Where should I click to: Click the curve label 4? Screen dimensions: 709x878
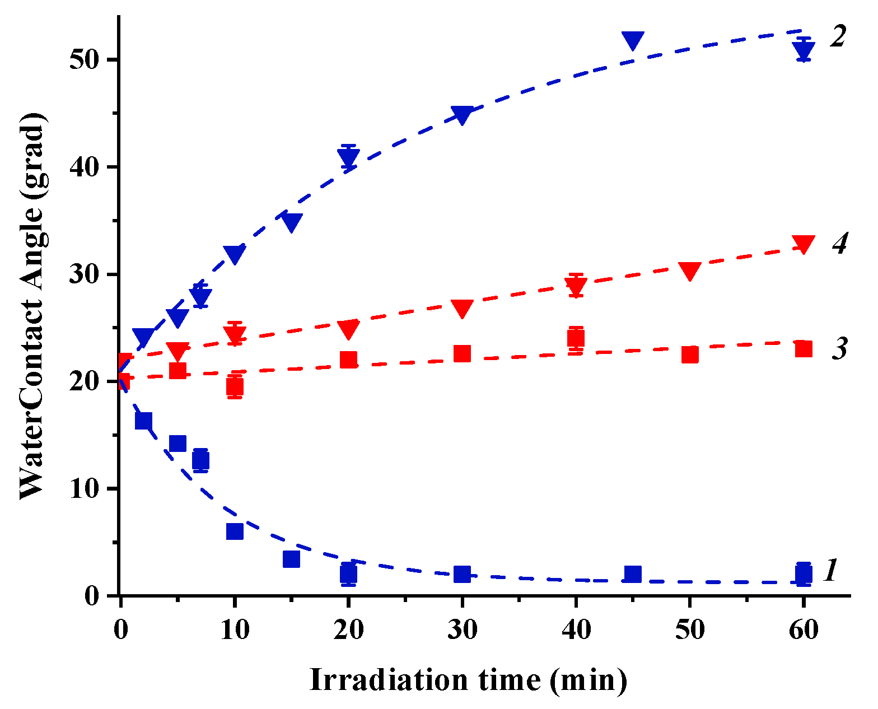pyautogui.click(x=839, y=244)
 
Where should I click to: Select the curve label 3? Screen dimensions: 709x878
pyautogui.click(x=839, y=348)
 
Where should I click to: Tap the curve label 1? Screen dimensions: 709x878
pyautogui.click(x=831, y=570)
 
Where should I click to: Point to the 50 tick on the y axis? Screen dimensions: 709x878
pyautogui.click(x=85, y=59)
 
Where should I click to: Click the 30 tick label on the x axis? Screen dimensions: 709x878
pyautogui.click(x=462, y=630)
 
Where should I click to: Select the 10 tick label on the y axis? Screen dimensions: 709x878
pyautogui.click(x=85, y=488)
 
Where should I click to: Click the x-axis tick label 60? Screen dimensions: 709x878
pyautogui.click(x=804, y=630)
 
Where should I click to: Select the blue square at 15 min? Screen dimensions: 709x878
pyautogui.click(x=291, y=559)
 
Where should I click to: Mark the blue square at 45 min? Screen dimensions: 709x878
pyautogui.click(x=633, y=574)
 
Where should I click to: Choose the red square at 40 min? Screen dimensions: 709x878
pyautogui.click(x=576, y=338)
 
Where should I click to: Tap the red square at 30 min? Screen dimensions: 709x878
pyautogui.click(x=462, y=353)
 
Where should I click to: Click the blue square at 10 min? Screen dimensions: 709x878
pyautogui.click(x=235, y=531)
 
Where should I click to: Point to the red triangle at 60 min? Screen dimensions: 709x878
pyautogui.click(x=804, y=245)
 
